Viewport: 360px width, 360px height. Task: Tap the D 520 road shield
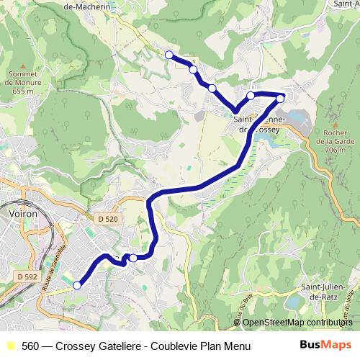pyautogui.click(x=107, y=218)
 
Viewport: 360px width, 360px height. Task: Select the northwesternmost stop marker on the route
pyautogui.click(x=169, y=55)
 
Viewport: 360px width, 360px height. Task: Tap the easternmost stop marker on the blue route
pyautogui.click(x=281, y=98)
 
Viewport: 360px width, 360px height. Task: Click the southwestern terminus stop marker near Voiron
pyautogui.click(x=77, y=285)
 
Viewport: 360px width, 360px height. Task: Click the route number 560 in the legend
pyautogui.click(x=31, y=346)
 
